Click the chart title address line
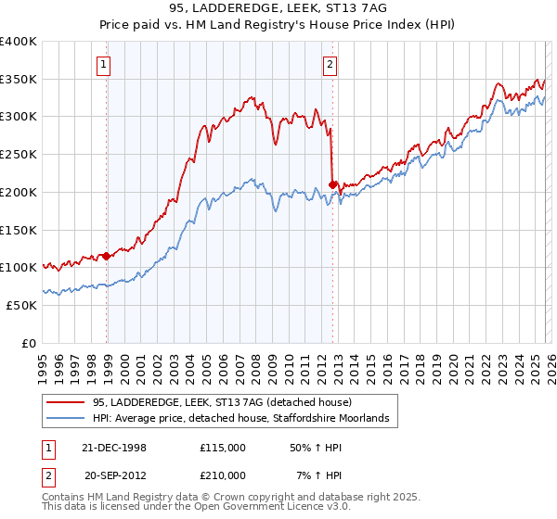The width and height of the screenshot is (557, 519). pyautogui.click(x=278, y=7)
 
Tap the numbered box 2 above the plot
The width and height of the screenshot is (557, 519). pyautogui.click(x=330, y=65)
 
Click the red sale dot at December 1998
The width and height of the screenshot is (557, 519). pyautogui.click(x=106, y=255)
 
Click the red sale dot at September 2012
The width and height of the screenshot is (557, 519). pyautogui.click(x=333, y=184)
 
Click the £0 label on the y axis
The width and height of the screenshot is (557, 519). pyautogui.click(x=30, y=342)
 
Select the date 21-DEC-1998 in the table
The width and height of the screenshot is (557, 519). pyautogui.click(x=115, y=447)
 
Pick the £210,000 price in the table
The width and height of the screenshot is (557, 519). pyautogui.click(x=223, y=476)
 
